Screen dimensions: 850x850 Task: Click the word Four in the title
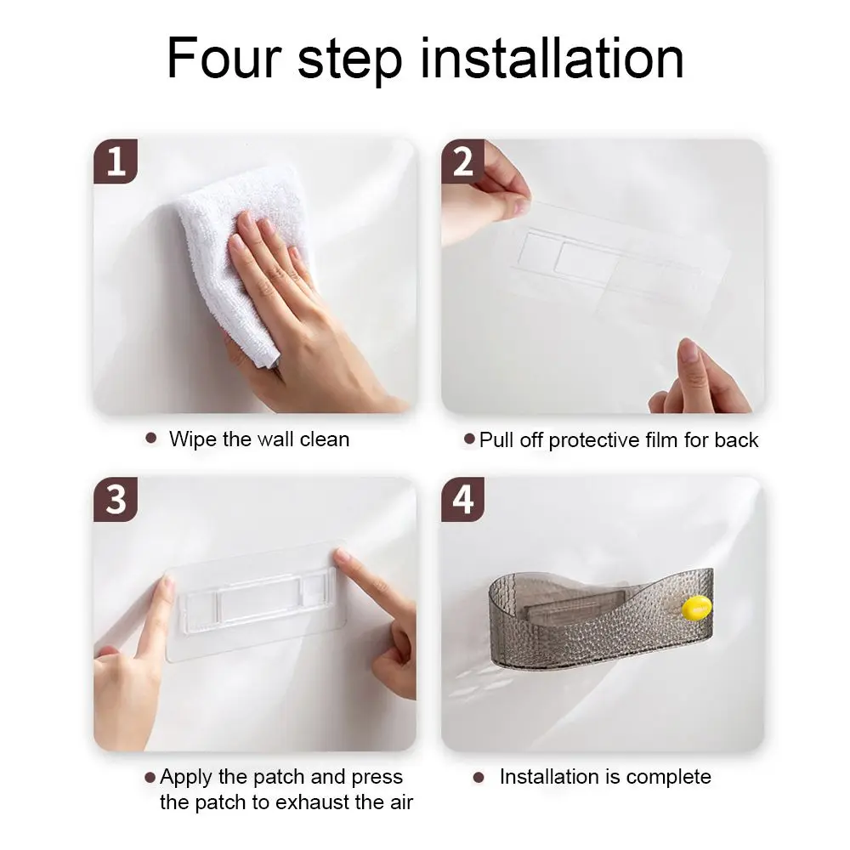click(224, 58)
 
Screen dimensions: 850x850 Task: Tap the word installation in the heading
click(552, 58)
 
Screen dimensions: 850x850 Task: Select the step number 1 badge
click(116, 161)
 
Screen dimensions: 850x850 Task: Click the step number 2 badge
click(463, 161)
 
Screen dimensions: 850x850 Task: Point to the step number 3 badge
click(116, 499)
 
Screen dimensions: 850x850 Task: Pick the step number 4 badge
click(463, 499)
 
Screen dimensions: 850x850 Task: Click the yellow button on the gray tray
click(697, 607)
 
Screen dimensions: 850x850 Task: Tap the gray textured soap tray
click(601, 618)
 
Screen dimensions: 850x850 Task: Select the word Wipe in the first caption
click(193, 439)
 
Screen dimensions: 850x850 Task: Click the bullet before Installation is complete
click(478, 778)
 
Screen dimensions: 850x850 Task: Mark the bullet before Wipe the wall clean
click(151, 438)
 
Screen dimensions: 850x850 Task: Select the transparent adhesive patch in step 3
click(256, 602)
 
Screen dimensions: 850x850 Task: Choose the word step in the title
click(349, 60)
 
